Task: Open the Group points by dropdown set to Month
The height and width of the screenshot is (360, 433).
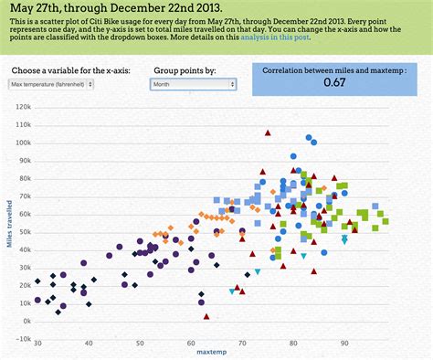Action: (x=193, y=84)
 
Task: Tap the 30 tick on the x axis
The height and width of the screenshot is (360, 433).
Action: (x=37, y=344)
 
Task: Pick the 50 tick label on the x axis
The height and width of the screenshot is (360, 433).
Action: (x=140, y=344)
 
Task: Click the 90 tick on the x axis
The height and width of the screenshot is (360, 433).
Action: (x=344, y=344)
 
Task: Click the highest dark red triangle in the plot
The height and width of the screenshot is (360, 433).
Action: (x=268, y=133)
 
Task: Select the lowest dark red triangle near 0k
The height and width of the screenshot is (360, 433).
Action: (x=206, y=316)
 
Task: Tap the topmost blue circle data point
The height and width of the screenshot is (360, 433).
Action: (x=310, y=138)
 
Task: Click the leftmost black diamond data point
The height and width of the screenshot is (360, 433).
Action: (x=37, y=281)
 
